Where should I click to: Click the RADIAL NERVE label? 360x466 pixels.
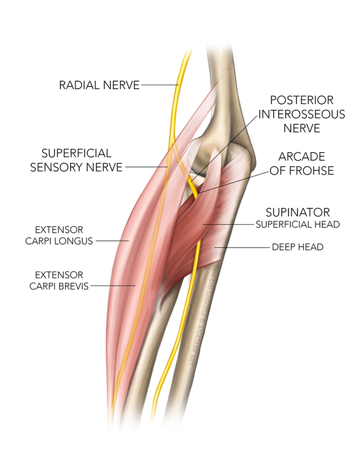(x=99, y=85)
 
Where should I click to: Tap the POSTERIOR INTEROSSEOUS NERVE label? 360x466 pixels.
(x=302, y=114)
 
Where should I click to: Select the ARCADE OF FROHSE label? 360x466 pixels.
(x=302, y=163)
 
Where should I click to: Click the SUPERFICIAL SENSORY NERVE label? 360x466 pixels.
(x=77, y=160)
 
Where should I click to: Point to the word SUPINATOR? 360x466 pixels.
(x=298, y=212)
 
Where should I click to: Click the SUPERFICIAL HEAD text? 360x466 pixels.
(x=298, y=225)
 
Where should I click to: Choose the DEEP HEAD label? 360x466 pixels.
(x=298, y=247)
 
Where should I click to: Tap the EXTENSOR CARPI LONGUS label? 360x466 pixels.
(x=59, y=235)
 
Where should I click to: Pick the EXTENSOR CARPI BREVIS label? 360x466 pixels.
(x=59, y=280)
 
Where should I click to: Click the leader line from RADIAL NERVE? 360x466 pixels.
(x=160, y=85)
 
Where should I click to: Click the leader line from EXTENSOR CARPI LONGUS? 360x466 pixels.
(x=112, y=241)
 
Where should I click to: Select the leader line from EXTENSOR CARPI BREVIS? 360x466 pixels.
(x=113, y=286)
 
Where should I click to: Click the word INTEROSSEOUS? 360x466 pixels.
(x=302, y=114)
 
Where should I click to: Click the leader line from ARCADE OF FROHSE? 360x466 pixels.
(x=233, y=182)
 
